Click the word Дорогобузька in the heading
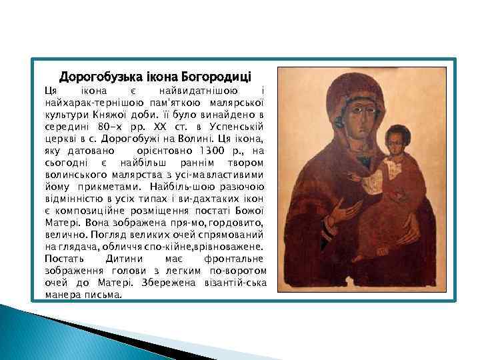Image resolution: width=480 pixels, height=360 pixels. click(x=93, y=76)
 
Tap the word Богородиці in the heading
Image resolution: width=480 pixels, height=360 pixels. click(x=223, y=76)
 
